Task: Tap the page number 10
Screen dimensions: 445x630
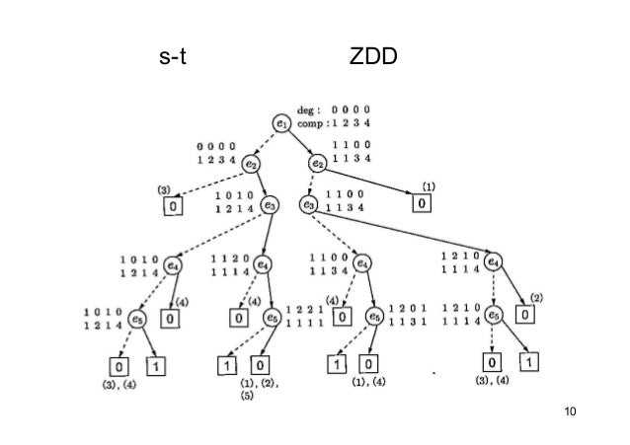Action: click(x=567, y=409)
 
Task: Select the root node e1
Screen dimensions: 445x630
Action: click(x=283, y=122)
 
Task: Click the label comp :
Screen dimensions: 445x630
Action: click(x=315, y=122)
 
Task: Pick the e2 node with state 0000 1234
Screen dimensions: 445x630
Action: click(x=252, y=163)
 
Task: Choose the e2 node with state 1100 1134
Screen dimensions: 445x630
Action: click(x=318, y=163)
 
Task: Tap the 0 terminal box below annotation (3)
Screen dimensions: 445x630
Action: click(x=172, y=206)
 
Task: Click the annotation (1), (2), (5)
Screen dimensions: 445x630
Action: click(x=264, y=389)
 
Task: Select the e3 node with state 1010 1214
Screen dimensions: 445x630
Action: click(x=270, y=205)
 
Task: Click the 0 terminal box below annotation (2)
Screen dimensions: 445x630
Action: click(x=526, y=315)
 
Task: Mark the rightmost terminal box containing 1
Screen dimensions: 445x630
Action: click(x=532, y=362)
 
